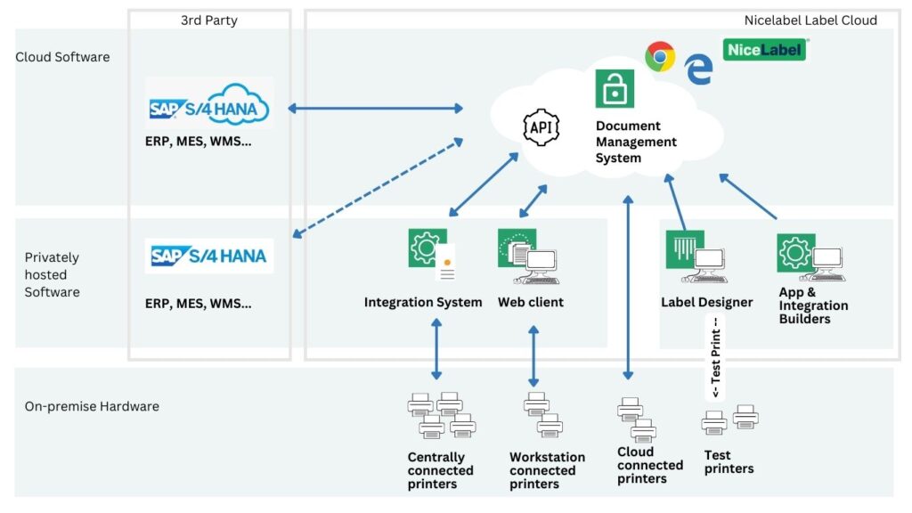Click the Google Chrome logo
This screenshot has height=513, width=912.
click(660, 57)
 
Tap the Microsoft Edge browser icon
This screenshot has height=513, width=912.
click(698, 69)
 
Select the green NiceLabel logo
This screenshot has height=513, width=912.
click(764, 50)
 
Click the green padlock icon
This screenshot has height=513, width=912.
click(615, 89)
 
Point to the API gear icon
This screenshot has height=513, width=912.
click(541, 127)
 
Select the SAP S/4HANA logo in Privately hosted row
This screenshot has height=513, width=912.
click(209, 256)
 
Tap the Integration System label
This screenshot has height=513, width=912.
click(423, 302)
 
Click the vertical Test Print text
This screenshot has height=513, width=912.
click(714, 356)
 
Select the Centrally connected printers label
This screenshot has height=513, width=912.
click(441, 470)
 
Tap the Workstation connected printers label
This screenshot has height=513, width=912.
click(547, 470)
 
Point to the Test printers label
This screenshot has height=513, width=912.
click(729, 461)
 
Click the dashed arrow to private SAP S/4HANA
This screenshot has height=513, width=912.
click(378, 188)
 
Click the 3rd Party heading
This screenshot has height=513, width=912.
click(209, 20)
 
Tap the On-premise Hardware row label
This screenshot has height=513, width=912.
click(92, 406)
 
